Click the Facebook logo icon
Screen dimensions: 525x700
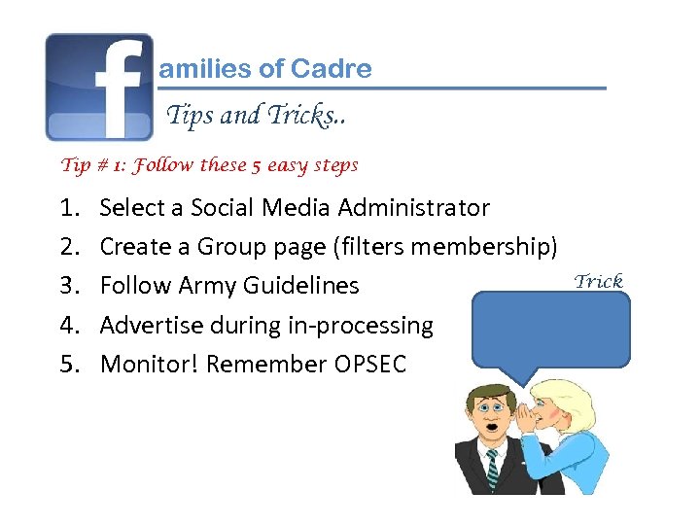pyautogui.click(x=99, y=87)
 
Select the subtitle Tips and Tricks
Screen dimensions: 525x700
pyautogui.click(x=256, y=116)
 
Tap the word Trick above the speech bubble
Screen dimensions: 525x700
pyautogui.click(x=598, y=281)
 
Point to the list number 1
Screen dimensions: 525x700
pyautogui.click(x=69, y=208)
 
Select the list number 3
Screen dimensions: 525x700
pyautogui.click(x=69, y=286)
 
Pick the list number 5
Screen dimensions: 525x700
pyautogui.click(x=69, y=365)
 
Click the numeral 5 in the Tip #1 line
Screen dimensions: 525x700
pyautogui.click(x=255, y=165)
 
